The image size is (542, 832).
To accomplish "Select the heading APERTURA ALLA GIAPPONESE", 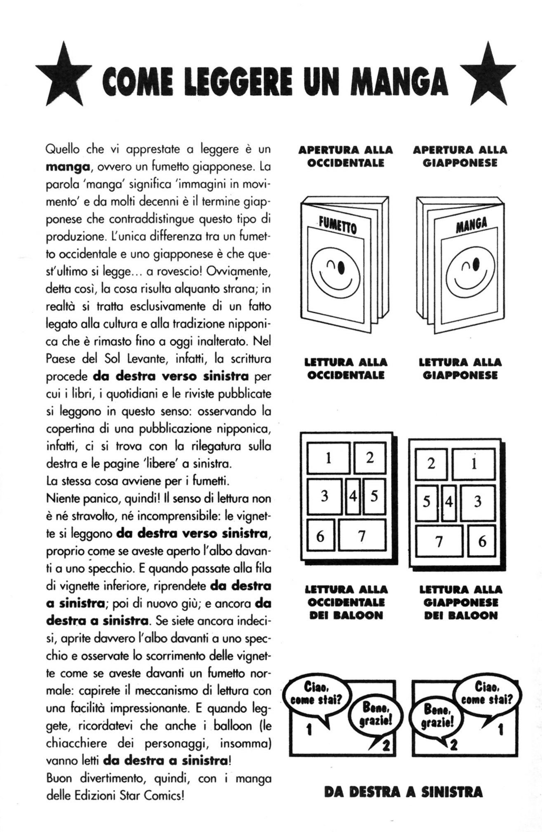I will [460, 156].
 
